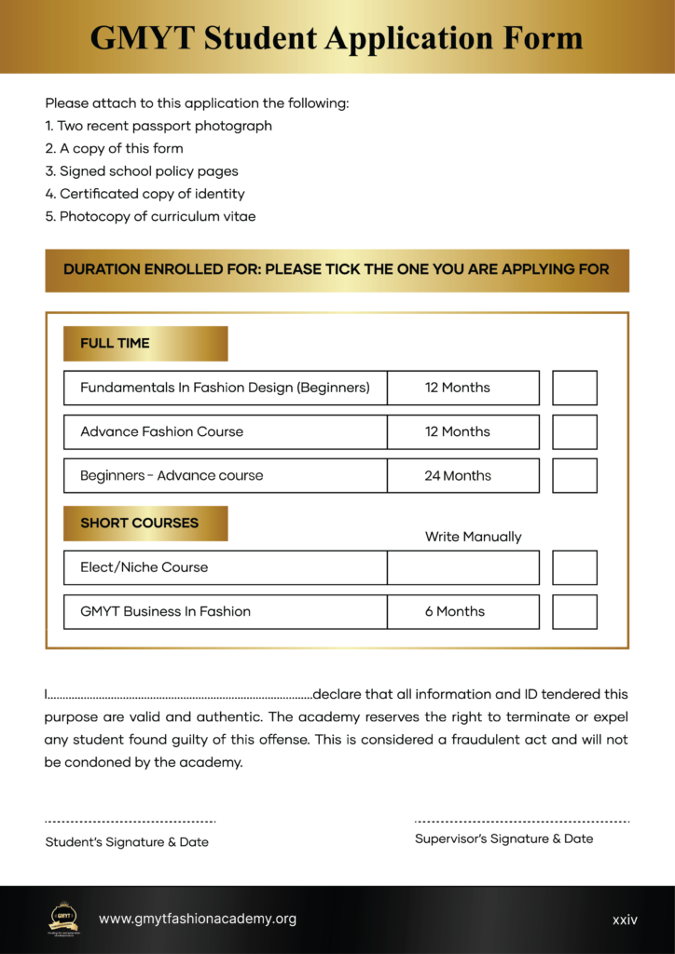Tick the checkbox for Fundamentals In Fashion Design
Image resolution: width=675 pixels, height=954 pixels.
(574, 388)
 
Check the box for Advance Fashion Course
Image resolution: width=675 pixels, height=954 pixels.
(574, 432)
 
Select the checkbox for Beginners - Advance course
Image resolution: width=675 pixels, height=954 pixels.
(574, 475)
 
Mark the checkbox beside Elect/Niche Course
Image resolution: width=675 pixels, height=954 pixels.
(574, 567)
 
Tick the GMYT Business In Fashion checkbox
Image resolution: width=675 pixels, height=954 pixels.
(574, 612)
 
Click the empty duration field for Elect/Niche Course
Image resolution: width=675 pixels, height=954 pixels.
(463, 567)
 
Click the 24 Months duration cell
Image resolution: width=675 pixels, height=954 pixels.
(463, 475)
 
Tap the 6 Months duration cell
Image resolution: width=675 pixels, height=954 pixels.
(463, 612)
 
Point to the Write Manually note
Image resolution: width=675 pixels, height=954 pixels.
(473, 537)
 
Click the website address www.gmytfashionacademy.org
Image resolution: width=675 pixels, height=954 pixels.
(198, 919)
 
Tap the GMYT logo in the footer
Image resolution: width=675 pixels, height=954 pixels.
(63, 917)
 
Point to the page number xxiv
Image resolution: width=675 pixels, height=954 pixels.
(625, 920)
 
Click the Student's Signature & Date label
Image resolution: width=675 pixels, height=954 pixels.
(127, 842)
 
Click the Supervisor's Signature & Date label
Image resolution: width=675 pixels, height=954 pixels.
(503, 838)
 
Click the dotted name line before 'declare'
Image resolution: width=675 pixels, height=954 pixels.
(179, 695)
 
